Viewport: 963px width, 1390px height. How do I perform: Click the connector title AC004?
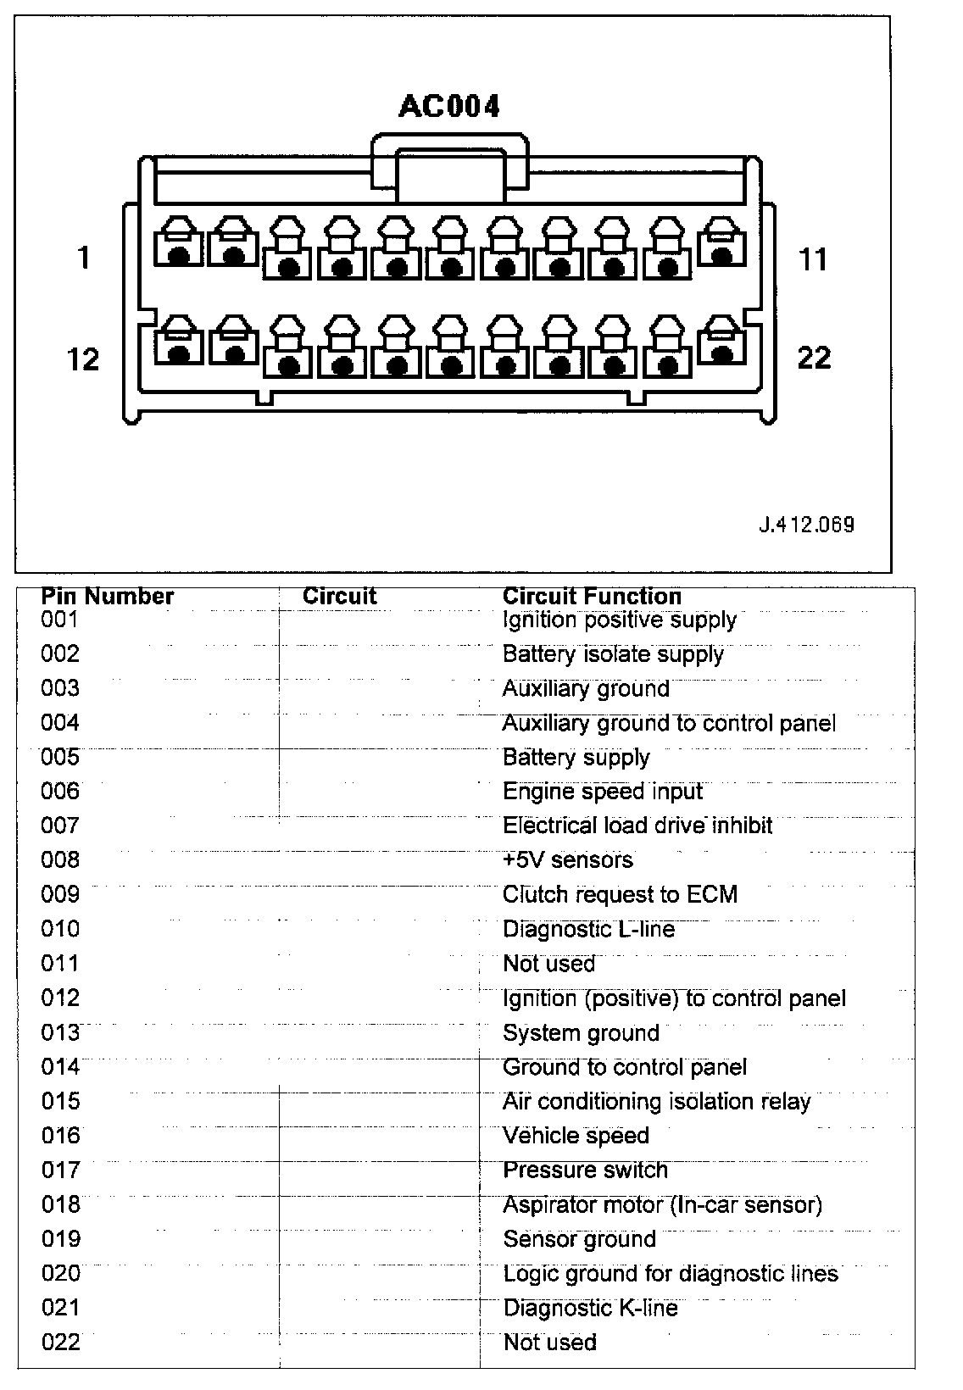[449, 106]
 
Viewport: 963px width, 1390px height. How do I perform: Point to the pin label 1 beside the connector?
[83, 257]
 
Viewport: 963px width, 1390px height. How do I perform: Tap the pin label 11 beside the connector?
[812, 259]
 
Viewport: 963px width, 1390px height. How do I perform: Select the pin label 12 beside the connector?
[83, 359]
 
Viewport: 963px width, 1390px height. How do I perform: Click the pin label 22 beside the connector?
[814, 358]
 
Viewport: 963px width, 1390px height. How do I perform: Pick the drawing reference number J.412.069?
[806, 524]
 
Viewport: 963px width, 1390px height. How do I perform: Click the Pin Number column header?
[108, 597]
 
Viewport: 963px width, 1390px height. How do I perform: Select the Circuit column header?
[339, 597]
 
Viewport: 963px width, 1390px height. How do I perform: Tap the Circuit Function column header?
[592, 597]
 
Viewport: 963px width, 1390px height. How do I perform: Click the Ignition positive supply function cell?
[620, 620]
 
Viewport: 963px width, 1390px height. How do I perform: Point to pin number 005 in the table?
[60, 757]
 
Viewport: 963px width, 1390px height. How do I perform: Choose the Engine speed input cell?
[603, 792]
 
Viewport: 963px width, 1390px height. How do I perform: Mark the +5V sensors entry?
[568, 860]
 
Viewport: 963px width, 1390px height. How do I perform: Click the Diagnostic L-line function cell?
[589, 929]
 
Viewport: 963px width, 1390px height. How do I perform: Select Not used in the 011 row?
[549, 964]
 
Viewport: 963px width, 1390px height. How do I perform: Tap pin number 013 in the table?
[60, 1032]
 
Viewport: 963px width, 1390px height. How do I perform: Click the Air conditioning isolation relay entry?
[657, 1102]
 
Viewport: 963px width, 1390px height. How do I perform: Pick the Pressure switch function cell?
[586, 1170]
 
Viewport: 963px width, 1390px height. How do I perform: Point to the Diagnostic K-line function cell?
[591, 1308]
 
